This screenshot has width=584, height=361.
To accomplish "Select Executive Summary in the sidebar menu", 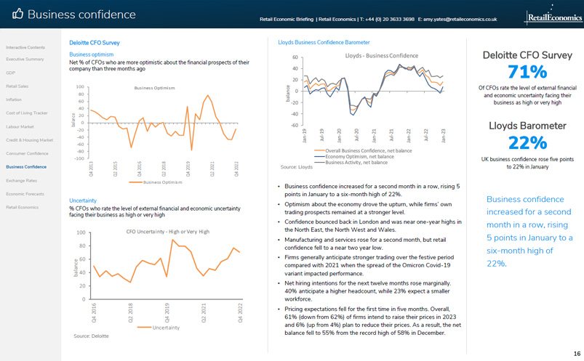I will pos(25,59).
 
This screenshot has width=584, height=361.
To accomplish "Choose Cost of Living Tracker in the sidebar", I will pos(27,113).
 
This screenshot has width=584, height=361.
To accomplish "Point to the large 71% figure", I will pos(527,72).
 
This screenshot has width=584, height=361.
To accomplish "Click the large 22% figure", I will pos(527,142).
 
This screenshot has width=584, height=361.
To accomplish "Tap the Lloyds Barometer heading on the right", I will pos(527,126).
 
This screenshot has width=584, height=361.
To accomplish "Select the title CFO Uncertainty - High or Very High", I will pos(168,231).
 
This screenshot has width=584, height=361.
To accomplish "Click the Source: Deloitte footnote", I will pos(91,336).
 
